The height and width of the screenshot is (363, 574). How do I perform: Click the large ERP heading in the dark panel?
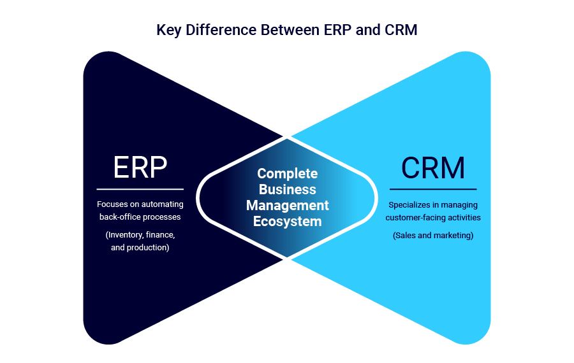point(140,167)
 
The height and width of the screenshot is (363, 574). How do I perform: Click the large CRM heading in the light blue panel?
point(433,167)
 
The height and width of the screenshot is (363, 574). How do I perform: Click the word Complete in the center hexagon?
point(287,174)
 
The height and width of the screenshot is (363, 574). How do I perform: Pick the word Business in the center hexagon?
point(287,190)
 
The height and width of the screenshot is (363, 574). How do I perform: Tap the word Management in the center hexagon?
point(287,206)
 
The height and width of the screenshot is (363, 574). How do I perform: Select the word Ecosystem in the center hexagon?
point(287,222)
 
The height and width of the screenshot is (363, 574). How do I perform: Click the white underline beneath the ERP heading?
point(140,189)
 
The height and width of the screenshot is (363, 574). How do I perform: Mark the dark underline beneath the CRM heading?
point(433,189)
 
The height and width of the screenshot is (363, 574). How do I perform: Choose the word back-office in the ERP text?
point(119,217)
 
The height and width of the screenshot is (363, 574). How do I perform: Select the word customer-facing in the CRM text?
point(415,218)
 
